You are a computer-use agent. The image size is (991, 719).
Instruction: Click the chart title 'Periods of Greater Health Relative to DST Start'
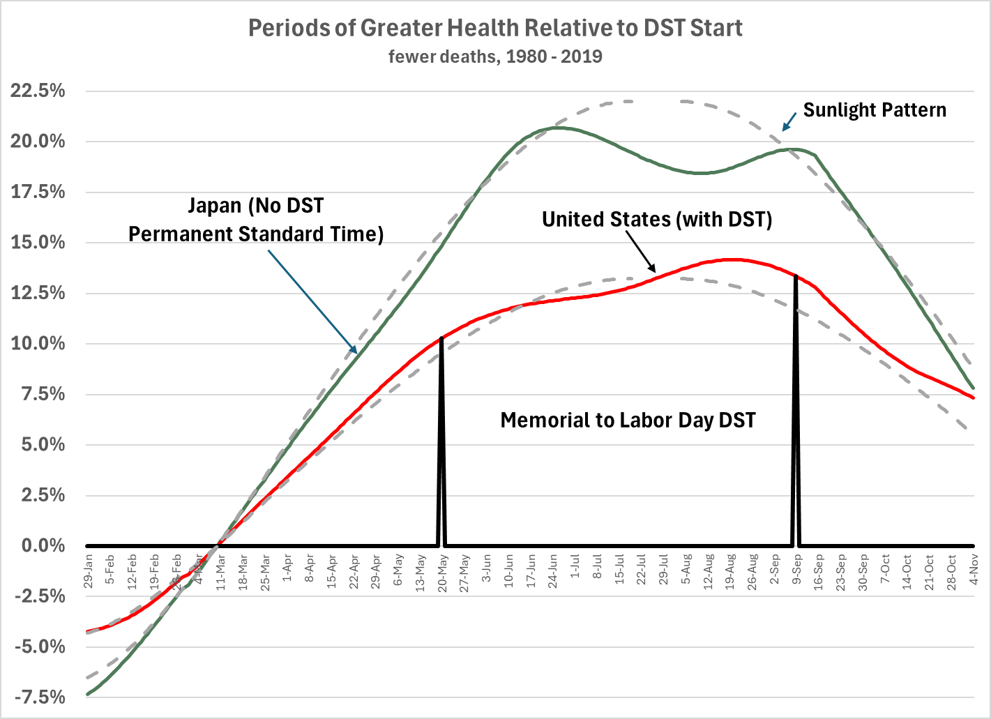pos(495,28)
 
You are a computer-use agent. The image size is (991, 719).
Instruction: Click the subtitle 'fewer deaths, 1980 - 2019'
pos(495,56)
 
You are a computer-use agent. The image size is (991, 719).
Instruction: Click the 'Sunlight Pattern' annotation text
pos(875,110)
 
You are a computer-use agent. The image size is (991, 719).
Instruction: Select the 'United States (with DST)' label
pos(657,219)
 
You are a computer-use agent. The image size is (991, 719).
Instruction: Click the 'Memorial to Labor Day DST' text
pos(628,421)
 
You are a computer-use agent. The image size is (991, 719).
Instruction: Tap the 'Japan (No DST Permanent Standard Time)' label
pos(256,220)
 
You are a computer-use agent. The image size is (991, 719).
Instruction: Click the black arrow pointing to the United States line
pos(640,250)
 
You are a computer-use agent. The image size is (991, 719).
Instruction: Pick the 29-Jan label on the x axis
pos(89,571)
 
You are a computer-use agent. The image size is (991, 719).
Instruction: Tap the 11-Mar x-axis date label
pos(221,571)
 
